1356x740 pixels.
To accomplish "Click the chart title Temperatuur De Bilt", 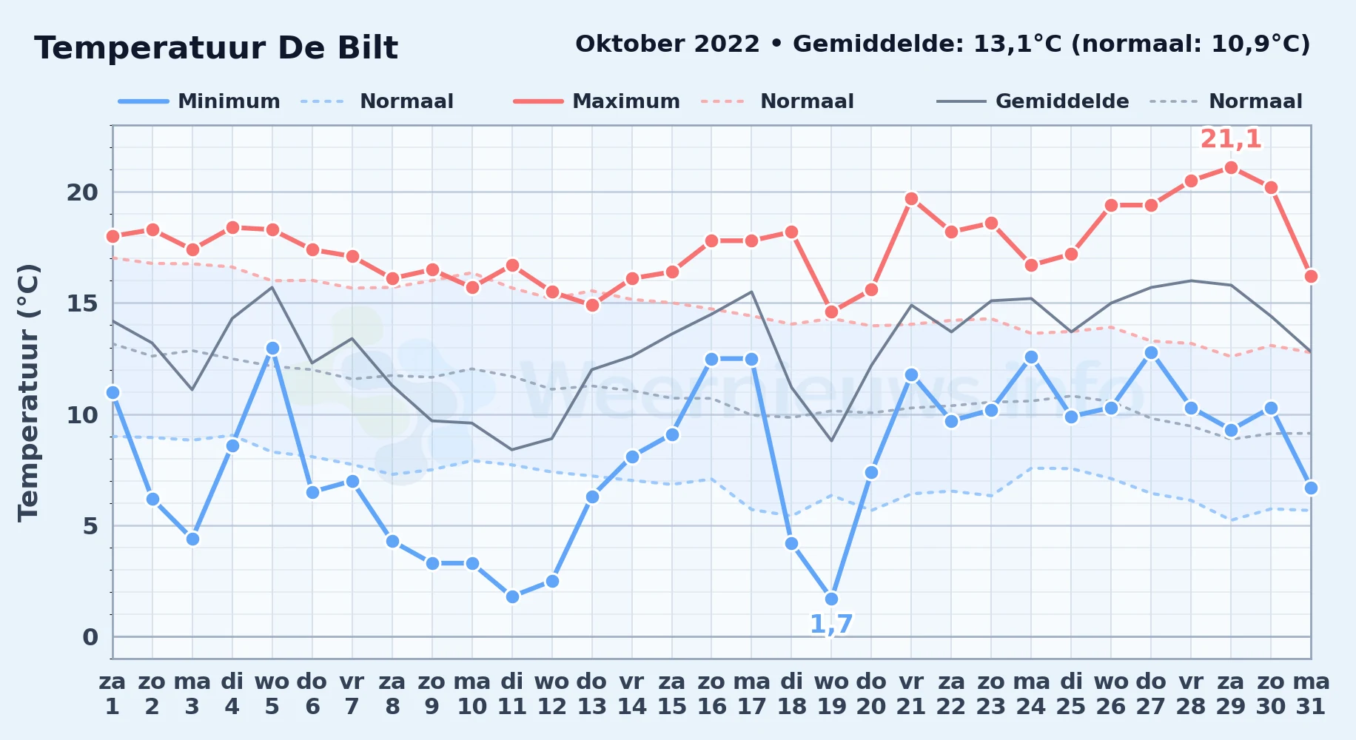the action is (x=216, y=48).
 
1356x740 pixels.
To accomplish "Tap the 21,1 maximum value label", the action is (x=1231, y=139).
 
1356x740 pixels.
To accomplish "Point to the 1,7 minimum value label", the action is (x=831, y=625).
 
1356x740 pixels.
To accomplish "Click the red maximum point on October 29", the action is (x=1231, y=168).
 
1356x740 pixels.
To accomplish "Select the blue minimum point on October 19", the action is (x=831, y=599).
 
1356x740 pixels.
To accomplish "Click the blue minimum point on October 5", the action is (x=272, y=348).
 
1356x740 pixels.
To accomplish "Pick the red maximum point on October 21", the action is (x=911, y=198).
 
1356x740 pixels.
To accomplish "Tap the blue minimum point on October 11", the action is (x=512, y=596).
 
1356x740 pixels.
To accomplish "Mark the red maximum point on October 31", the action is (x=1311, y=276).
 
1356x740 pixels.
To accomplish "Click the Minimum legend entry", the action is (x=199, y=101).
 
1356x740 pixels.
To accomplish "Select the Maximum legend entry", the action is (x=597, y=101).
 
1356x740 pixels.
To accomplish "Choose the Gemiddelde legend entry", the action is (x=1033, y=101).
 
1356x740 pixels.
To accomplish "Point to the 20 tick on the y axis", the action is (x=82, y=192).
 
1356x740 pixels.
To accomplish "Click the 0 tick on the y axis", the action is (x=90, y=637).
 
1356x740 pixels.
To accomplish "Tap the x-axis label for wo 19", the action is (x=831, y=694).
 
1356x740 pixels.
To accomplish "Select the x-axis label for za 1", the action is (x=113, y=694).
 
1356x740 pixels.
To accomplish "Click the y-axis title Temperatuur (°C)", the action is (x=28, y=392).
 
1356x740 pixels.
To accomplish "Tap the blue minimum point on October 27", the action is (x=1151, y=352).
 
